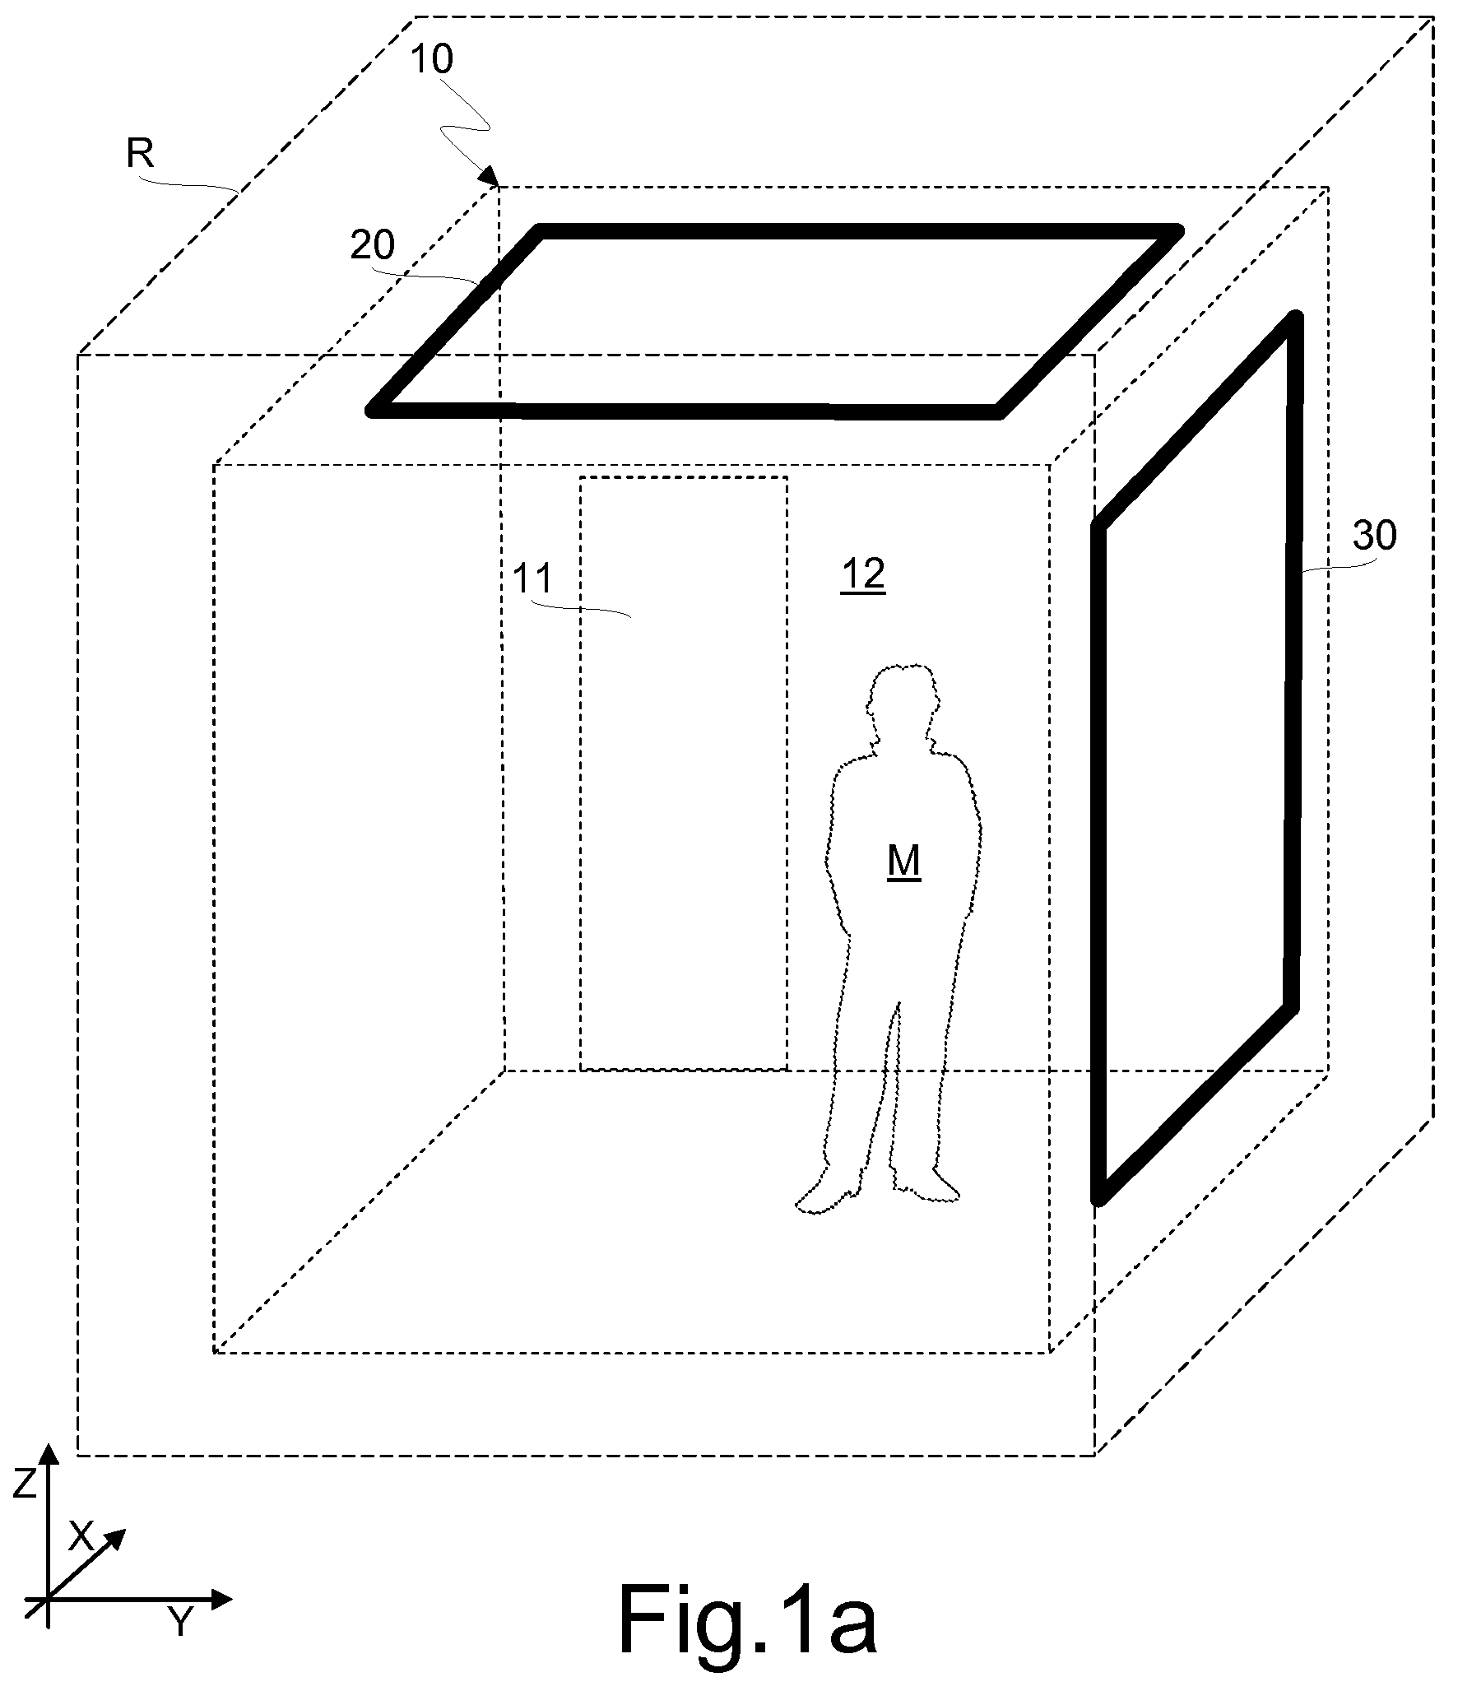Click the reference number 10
431,59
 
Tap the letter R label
140,153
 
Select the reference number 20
372,245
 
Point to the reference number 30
1374,536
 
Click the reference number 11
532,578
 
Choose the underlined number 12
862,574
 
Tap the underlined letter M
903,862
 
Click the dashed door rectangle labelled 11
684,773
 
